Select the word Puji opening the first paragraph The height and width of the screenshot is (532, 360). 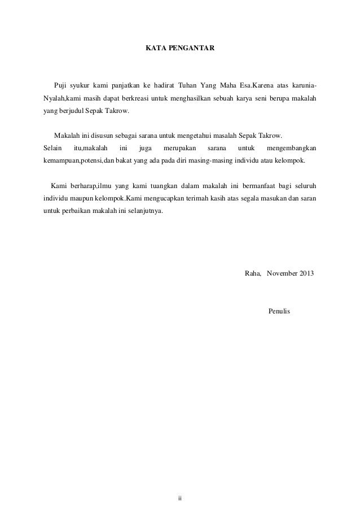pos(60,85)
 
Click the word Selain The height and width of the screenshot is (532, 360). pos(53,148)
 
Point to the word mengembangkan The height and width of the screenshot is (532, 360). pos(290,148)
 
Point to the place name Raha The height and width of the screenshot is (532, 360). pos(252,273)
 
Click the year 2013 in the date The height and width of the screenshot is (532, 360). pos(308,273)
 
